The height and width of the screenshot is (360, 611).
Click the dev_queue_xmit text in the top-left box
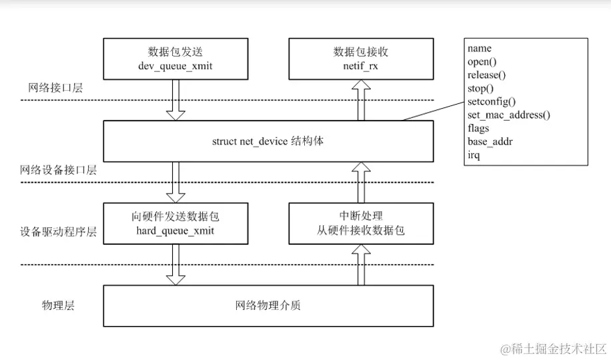[175, 65]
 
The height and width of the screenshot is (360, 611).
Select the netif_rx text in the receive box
[361, 65]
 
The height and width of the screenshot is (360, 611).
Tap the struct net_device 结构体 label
[267, 142]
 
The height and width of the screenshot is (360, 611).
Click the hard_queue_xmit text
[175, 230]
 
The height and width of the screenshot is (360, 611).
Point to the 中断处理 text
[361, 216]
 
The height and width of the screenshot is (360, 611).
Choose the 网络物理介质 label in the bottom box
[267, 305]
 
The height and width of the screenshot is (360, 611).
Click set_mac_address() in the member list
[508, 115]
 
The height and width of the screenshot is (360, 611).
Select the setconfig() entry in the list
[492, 101]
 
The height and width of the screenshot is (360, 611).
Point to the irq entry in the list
[474, 155]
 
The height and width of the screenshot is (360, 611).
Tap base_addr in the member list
[490, 141]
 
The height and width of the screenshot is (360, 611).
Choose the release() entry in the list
[487, 75]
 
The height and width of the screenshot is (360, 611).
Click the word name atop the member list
[479, 48]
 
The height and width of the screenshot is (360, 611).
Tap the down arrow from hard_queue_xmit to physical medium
[175, 264]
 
